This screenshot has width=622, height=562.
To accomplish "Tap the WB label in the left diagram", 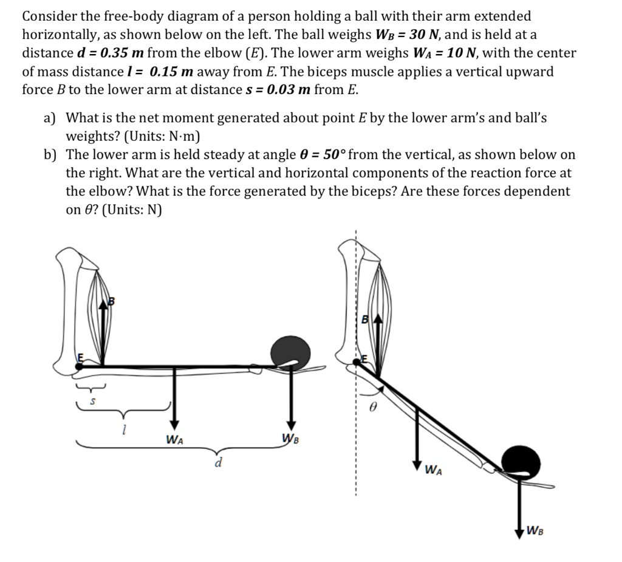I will coord(291,439).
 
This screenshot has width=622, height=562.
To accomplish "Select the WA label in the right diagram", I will coord(433,469).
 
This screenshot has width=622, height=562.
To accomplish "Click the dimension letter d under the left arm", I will coord(217,464).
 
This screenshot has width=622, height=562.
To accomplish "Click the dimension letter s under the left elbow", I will coord(92,402).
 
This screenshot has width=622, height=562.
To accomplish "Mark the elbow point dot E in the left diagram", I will coord(80,366).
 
